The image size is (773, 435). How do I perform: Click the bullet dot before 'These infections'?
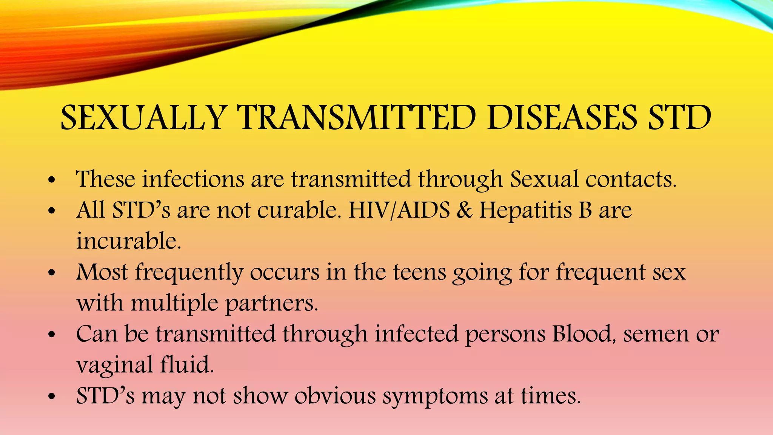click(52, 180)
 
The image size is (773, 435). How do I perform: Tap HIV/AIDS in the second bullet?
click(399, 210)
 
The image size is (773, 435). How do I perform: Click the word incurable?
click(129, 241)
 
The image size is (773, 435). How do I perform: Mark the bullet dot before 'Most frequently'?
click(52, 273)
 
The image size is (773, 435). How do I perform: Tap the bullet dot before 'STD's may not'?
click(52, 397)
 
